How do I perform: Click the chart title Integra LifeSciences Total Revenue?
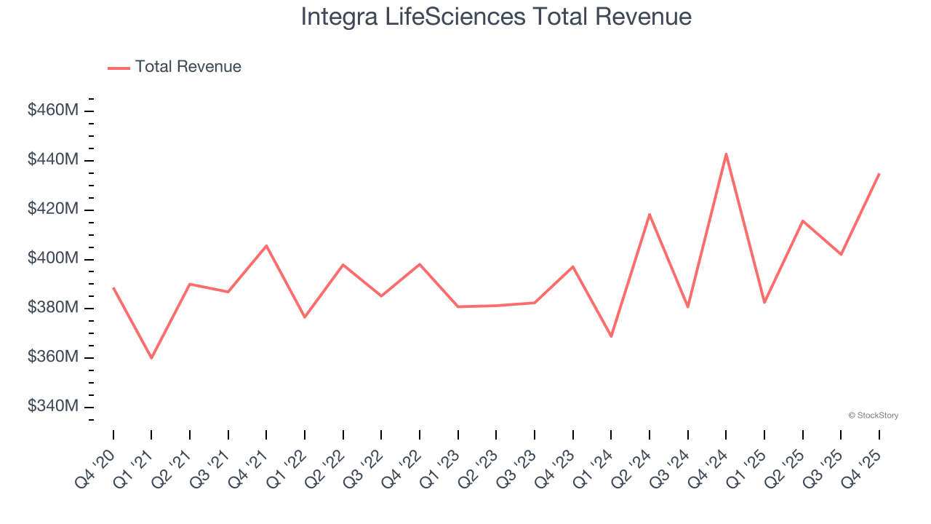pyautogui.click(x=496, y=16)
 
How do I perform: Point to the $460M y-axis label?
pyautogui.click(x=53, y=111)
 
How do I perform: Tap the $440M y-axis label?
pyautogui.click(x=53, y=159)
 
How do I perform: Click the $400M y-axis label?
pyautogui.click(x=53, y=258)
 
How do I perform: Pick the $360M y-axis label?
pyautogui.click(x=53, y=357)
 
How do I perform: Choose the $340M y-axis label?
pyautogui.click(x=53, y=406)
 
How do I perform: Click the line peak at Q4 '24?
pyautogui.click(x=726, y=154)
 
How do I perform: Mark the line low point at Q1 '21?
pyautogui.click(x=151, y=358)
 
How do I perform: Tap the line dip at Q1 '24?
pyautogui.click(x=611, y=336)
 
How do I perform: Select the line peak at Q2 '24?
pyautogui.click(x=649, y=214)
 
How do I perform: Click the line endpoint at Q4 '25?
pyautogui.click(x=879, y=174)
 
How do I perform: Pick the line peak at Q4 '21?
pyautogui.click(x=266, y=245)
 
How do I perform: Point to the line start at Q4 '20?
pyautogui.click(x=113, y=287)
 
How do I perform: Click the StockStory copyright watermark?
pyautogui.click(x=873, y=416)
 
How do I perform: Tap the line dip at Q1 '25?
pyautogui.click(x=764, y=302)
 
